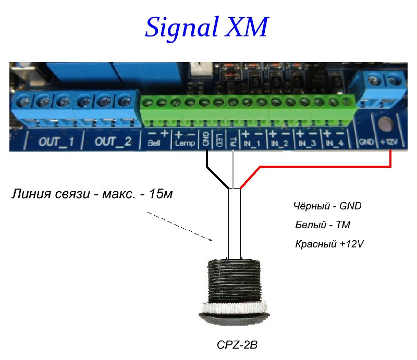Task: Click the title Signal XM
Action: click(x=206, y=27)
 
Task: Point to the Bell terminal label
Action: click(x=154, y=144)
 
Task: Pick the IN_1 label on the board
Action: click(x=253, y=143)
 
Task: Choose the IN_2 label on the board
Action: click(x=280, y=143)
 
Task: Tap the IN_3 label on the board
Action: click(x=308, y=143)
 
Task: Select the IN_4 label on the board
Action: click(x=335, y=143)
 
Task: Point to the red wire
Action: click(x=323, y=167)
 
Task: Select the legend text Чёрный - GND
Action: click(x=327, y=206)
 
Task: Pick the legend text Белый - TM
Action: click(x=322, y=225)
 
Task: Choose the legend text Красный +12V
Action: click(x=329, y=244)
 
